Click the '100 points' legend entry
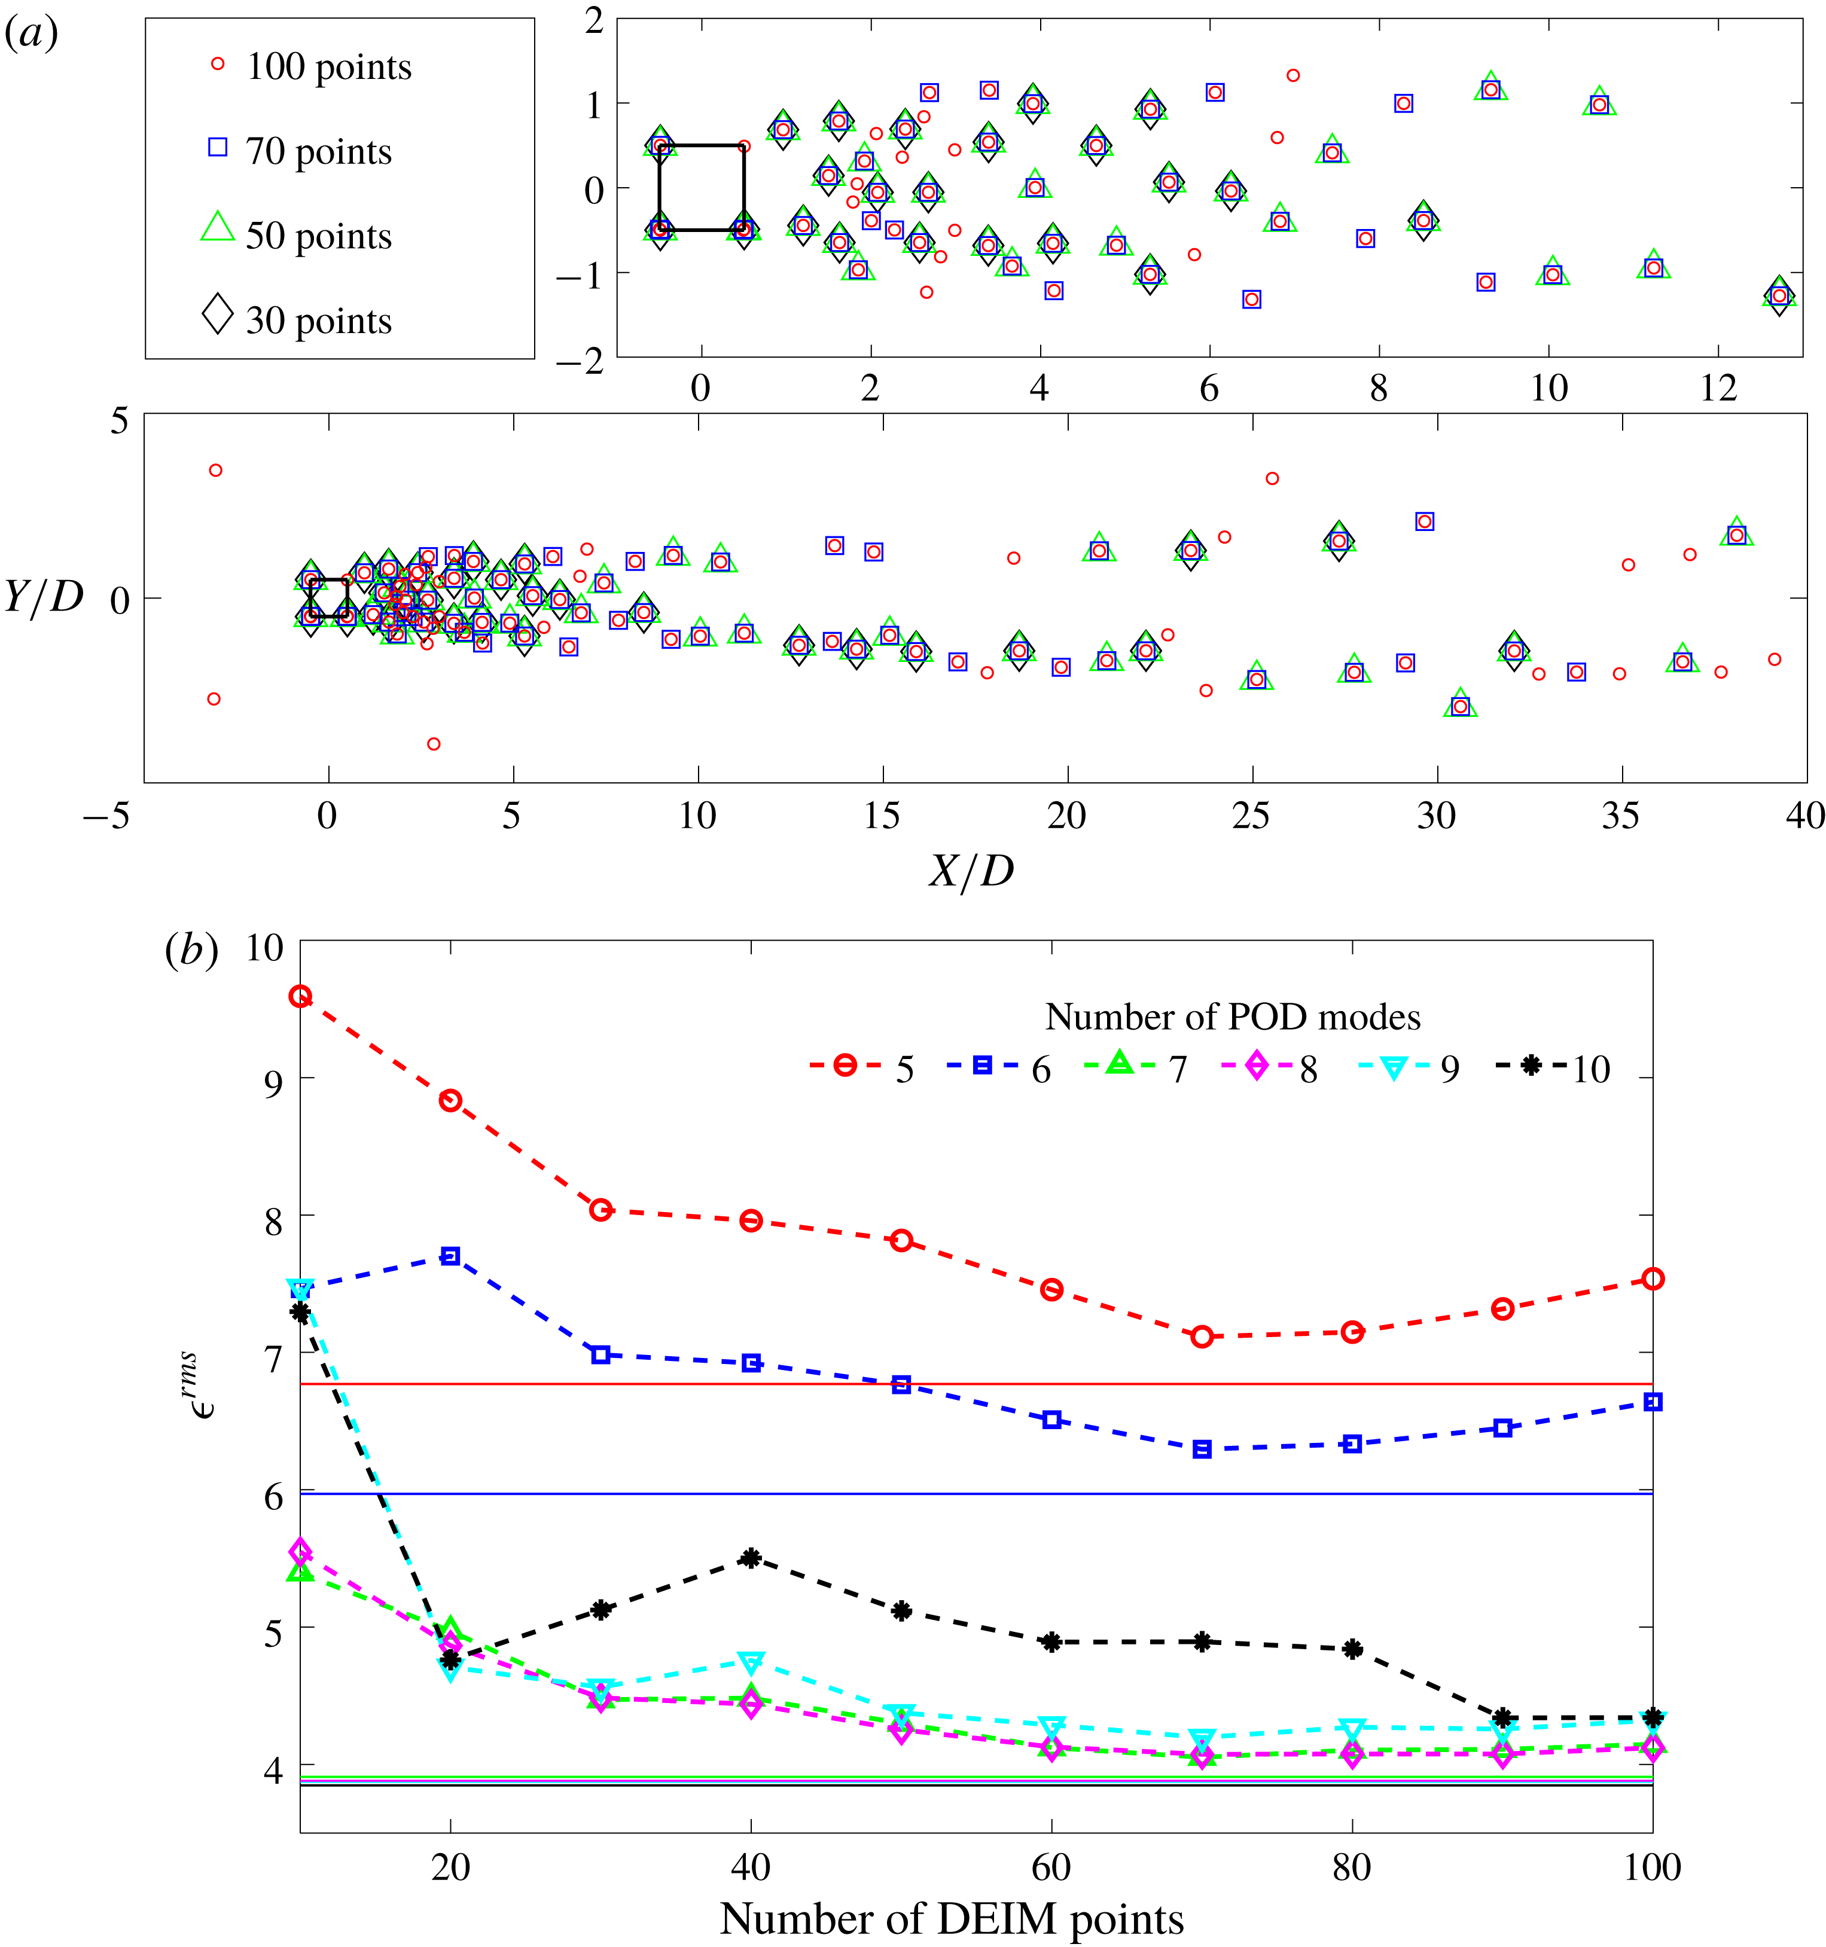pos(328,66)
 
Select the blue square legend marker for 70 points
pos(218,147)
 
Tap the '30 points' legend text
pos(318,321)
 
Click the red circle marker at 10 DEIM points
pos(301,997)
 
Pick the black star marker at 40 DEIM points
pos(751,1558)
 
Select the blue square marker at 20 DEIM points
pos(450,1256)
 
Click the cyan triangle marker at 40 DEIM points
pos(751,1662)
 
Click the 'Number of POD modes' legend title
pos(1232,1017)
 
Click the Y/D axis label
pos(44,596)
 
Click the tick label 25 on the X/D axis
pos(1251,815)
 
